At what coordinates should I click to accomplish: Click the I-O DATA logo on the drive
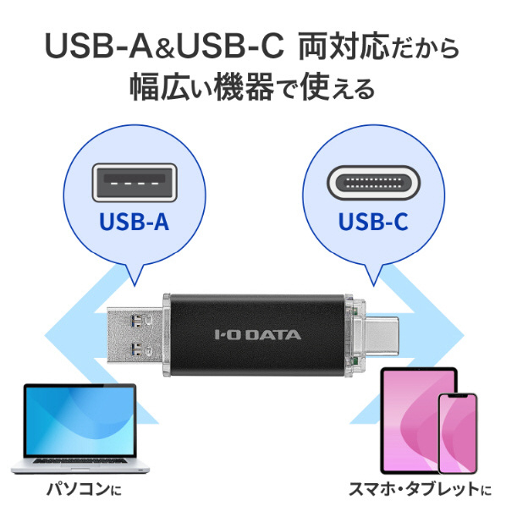pyautogui.click(x=258, y=334)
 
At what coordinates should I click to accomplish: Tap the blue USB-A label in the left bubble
pyautogui.click(x=135, y=222)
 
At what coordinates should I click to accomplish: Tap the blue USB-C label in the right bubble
pyautogui.click(x=373, y=222)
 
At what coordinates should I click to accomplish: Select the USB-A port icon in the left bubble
pyautogui.click(x=135, y=183)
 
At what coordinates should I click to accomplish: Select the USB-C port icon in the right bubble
pyautogui.click(x=373, y=183)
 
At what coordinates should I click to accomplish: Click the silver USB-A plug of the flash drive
pyautogui.click(x=135, y=334)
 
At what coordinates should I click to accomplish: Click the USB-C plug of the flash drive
pyautogui.click(x=382, y=334)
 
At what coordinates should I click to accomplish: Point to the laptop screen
pyautogui.click(x=80, y=421)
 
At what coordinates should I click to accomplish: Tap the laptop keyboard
pyautogui.click(x=79, y=461)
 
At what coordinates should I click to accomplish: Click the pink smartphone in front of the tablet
pyautogui.click(x=457, y=433)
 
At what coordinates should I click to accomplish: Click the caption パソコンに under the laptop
pyautogui.click(x=84, y=489)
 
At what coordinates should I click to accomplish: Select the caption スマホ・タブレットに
pyautogui.click(x=421, y=489)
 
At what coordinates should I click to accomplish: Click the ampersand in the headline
pyautogui.click(x=165, y=49)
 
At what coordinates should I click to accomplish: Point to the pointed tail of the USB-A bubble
pyautogui.click(x=135, y=286)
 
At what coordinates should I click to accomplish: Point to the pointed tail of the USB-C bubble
pyautogui.click(x=373, y=286)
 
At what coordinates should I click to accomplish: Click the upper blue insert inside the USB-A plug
pyautogui.click(x=136, y=320)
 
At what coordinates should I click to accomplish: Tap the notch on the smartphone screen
pyautogui.click(x=457, y=396)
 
